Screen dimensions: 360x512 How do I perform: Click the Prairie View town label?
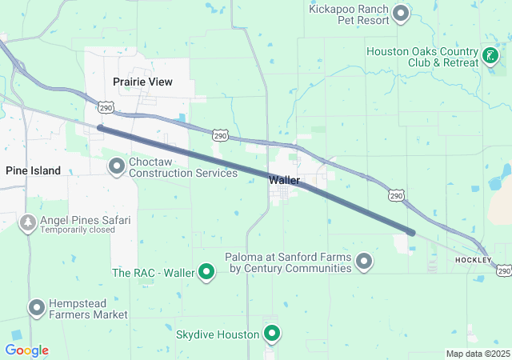(x=142, y=82)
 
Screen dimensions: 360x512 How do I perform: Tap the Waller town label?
(x=284, y=180)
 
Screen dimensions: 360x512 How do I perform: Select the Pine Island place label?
(x=33, y=170)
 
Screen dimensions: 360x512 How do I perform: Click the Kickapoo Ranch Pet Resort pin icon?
(x=402, y=12)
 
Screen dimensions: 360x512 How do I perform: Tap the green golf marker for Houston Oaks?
(x=490, y=56)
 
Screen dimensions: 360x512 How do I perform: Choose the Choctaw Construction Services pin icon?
(x=117, y=166)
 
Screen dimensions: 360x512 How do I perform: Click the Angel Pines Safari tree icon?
(x=28, y=223)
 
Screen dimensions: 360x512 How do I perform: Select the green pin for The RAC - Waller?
(x=206, y=273)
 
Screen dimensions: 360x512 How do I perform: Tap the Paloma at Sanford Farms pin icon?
(x=365, y=262)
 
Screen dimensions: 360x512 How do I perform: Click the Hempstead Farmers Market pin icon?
(x=36, y=307)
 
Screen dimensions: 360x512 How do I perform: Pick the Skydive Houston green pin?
(x=272, y=334)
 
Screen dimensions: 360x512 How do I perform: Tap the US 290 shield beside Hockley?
(x=503, y=271)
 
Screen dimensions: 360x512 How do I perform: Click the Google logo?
(x=26, y=350)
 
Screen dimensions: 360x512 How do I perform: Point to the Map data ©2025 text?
(x=478, y=354)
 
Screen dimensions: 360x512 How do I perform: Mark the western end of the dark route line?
(x=99, y=127)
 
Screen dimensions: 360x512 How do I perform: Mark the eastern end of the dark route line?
(x=412, y=233)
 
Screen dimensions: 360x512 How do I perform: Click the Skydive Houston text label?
(x=218, y=334)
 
